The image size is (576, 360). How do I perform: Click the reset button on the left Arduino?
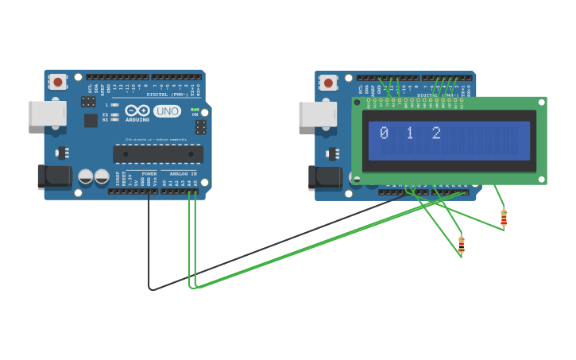click(x=57, y=81)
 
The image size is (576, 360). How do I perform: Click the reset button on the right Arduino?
click(x=327, y=82)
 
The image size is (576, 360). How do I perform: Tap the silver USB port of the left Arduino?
click(x=47, y=113)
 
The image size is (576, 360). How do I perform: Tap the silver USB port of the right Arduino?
click(x=317, y=114)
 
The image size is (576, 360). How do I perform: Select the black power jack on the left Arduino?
click(x=54, y=176)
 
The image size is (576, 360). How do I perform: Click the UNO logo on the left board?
click(x=167, y=112)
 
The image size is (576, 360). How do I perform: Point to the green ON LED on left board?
click(x=195, y=110)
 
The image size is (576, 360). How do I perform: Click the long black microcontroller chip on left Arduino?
click(x=157, y=154)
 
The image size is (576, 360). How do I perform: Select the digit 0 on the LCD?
click(x=384, y=134)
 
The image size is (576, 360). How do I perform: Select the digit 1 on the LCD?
click(x=410, y=134)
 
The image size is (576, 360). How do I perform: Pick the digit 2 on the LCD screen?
click(x=436, y=134)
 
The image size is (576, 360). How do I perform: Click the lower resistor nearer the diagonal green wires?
click(x=461, y=244)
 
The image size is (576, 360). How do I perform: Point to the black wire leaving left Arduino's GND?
click(x=149, y=238)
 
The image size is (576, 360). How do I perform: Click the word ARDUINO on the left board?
click(x=137, y=120)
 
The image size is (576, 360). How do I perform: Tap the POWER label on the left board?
click(x=149, y=173)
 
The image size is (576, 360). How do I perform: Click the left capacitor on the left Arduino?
click(x=86, y=177)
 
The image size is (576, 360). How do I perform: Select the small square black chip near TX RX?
click(x=91, y=120)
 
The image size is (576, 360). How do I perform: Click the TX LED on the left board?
click(x=115, y=114)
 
